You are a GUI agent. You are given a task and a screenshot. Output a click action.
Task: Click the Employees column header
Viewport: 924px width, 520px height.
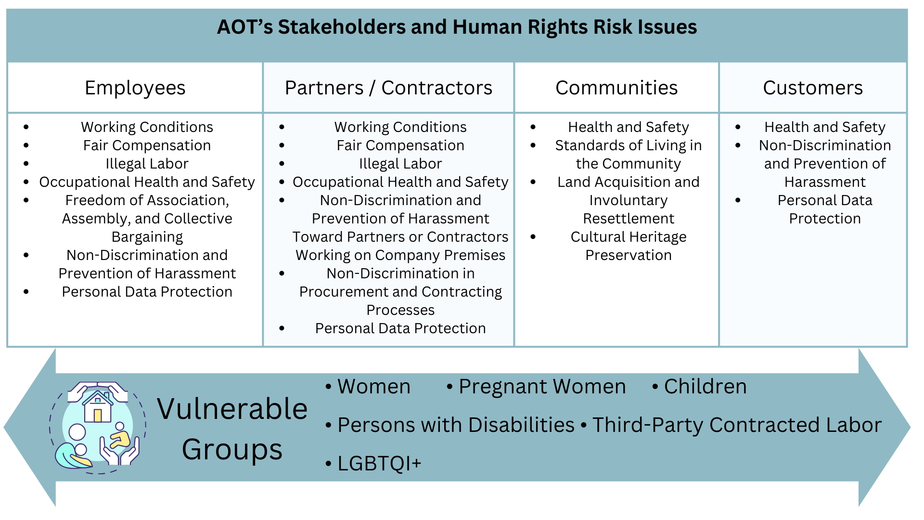point(135,88)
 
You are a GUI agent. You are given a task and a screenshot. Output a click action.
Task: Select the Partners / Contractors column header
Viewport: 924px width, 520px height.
point(388,88)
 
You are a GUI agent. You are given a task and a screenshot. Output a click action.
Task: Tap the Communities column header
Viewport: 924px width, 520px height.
point(616,88)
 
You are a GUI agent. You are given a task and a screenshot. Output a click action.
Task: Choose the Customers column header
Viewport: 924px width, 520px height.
point(813,88)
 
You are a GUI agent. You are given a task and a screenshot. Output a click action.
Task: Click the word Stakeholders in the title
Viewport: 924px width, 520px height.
point(342,27)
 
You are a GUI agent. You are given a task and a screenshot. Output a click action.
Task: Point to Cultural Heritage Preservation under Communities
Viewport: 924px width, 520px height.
point(629,246)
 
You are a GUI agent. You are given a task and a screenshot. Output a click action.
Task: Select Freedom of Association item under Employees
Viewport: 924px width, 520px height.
point(147,219)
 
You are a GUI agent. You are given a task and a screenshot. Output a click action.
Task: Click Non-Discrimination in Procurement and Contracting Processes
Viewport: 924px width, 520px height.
point(400,292)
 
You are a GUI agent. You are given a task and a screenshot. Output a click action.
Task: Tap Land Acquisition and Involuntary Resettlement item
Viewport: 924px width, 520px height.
point(629,200)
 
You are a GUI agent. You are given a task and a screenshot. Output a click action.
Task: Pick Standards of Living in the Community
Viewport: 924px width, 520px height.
point(629,155)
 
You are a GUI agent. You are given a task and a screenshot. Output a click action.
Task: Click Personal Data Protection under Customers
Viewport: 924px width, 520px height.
point(825,209)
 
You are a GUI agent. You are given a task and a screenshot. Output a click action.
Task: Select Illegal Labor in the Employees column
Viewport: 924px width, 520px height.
point(147,164)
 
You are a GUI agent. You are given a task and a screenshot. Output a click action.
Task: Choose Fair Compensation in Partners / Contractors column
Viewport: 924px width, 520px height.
point(400,145)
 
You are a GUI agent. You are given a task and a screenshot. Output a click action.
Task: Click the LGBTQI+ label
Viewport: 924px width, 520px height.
point(379,464)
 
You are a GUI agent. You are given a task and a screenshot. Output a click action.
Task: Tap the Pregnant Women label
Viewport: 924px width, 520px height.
point(542,387)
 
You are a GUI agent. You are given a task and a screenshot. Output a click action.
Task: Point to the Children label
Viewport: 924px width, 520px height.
point(706,387)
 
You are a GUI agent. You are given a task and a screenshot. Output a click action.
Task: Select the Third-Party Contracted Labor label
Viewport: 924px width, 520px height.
point(737,425)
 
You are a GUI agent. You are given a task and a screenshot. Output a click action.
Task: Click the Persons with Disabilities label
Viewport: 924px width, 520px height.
point(456,425)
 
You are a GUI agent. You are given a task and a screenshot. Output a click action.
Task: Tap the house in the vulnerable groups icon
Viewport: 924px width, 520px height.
point(98,407)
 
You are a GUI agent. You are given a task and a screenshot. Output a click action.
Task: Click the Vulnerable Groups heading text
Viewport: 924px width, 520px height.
point(232,429)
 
